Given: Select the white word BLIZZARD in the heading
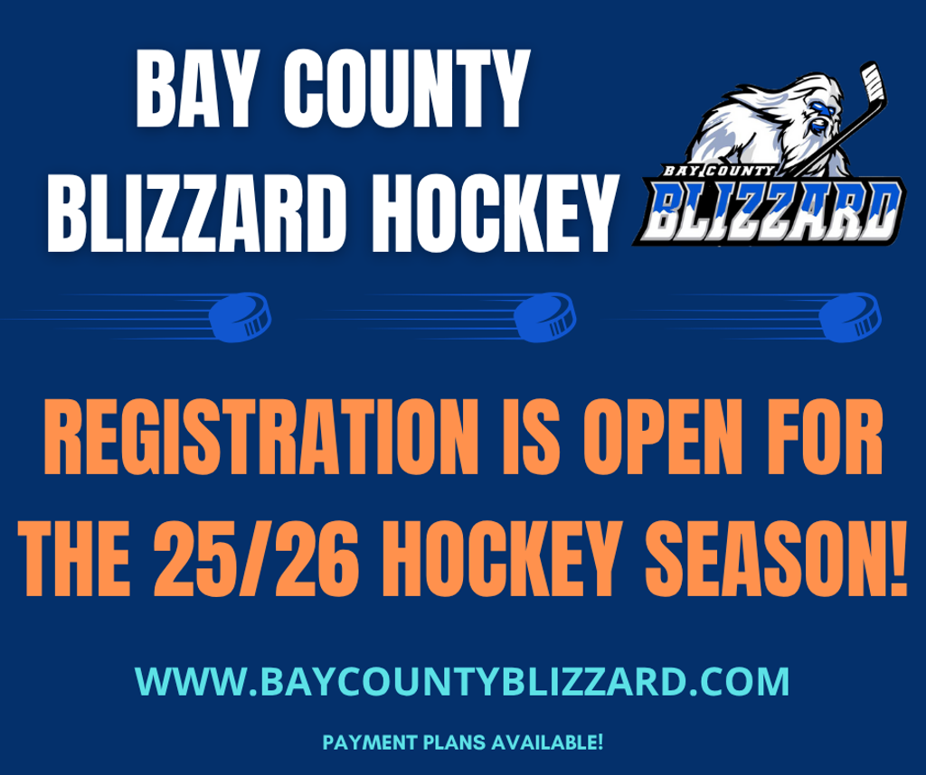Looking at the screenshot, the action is [196, 213].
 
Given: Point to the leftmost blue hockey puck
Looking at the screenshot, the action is [240, 317].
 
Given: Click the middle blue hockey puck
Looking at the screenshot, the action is [544, 317].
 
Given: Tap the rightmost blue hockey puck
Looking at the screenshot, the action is [850, 317].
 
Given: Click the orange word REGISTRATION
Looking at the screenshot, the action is [261, 436].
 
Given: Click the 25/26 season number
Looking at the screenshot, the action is [256, 558].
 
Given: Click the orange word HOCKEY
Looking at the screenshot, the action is [503, 558].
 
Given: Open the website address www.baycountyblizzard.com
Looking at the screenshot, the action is [462, 682].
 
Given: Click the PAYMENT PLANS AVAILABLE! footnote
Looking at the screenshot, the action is [463, 742].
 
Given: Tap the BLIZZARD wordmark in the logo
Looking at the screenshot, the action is [770, 210].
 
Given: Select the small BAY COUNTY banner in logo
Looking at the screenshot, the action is [718, 171].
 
